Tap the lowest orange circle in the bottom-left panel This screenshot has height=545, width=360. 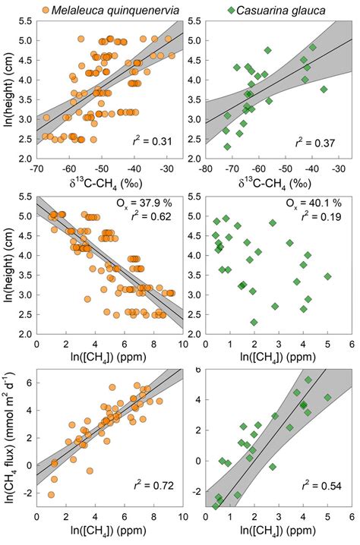[x=52, y=494]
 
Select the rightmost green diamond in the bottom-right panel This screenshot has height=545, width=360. [x=327, y=397]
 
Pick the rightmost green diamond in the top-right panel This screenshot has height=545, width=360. [x=324, y=89]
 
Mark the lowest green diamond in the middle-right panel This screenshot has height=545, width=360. [x=254, y=323]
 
